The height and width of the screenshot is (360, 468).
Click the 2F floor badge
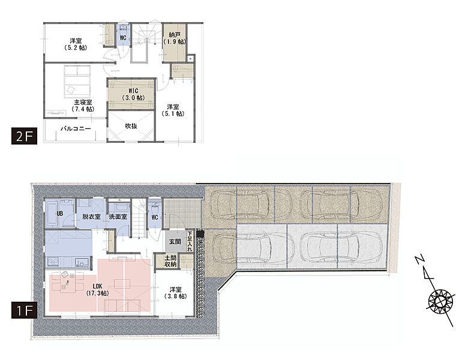click(x=24, y=136)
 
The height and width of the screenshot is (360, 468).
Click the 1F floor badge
click(x=24, y=310)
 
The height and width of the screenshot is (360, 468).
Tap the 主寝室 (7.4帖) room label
click(x=83, y=106)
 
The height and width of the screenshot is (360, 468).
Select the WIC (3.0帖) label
click(x=133, y=94)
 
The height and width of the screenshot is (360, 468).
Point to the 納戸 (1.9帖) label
click(x=175, y=38)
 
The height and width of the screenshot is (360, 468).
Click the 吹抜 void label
click(x=131, y=126)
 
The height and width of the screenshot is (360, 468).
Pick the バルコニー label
click(x=76, y=128)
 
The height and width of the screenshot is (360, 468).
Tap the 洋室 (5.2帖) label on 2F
click(x=76, y=44)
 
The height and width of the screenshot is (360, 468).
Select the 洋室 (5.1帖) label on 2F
click(x=173, y=110)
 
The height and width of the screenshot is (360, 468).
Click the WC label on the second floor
click(x=123, y=38)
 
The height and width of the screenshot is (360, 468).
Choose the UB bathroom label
click(x=60, y=214)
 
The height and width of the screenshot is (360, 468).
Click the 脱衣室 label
click(x=91, y=217)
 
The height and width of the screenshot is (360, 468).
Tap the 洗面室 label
click(x=118, y=217)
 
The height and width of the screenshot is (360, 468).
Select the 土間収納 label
click(x=170, y=261)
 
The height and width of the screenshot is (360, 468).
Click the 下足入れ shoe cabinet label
click(x=190, y=241)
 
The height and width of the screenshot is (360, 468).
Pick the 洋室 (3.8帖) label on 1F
click(x=176, y=293)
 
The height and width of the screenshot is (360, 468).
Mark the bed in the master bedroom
click(x=77, y=81)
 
